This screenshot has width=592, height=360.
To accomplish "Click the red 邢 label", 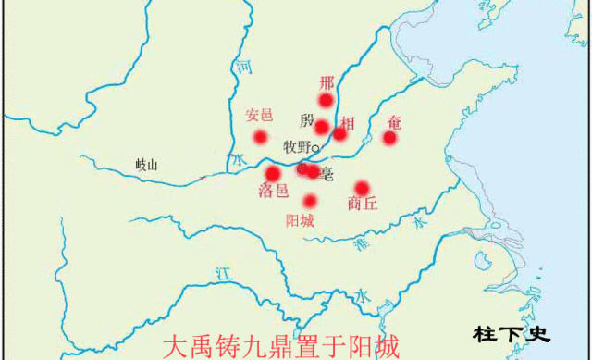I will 326,82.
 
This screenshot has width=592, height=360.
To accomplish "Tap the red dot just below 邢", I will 326,100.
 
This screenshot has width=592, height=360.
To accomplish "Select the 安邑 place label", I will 260,117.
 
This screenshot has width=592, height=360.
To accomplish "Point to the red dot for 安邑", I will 261,137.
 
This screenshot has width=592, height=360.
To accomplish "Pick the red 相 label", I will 347,122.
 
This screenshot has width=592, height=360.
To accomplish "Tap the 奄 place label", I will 395,121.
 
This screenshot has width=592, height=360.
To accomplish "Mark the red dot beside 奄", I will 390,138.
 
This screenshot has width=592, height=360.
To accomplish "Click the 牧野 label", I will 296,147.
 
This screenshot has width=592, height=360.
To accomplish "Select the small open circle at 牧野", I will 315,148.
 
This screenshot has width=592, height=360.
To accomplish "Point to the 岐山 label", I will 146,166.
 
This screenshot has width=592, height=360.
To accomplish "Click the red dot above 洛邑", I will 273,173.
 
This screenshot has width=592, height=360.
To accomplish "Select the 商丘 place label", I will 363,205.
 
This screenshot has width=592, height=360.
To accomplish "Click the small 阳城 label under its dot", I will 300,221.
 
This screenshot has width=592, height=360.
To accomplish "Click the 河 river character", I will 243,68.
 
